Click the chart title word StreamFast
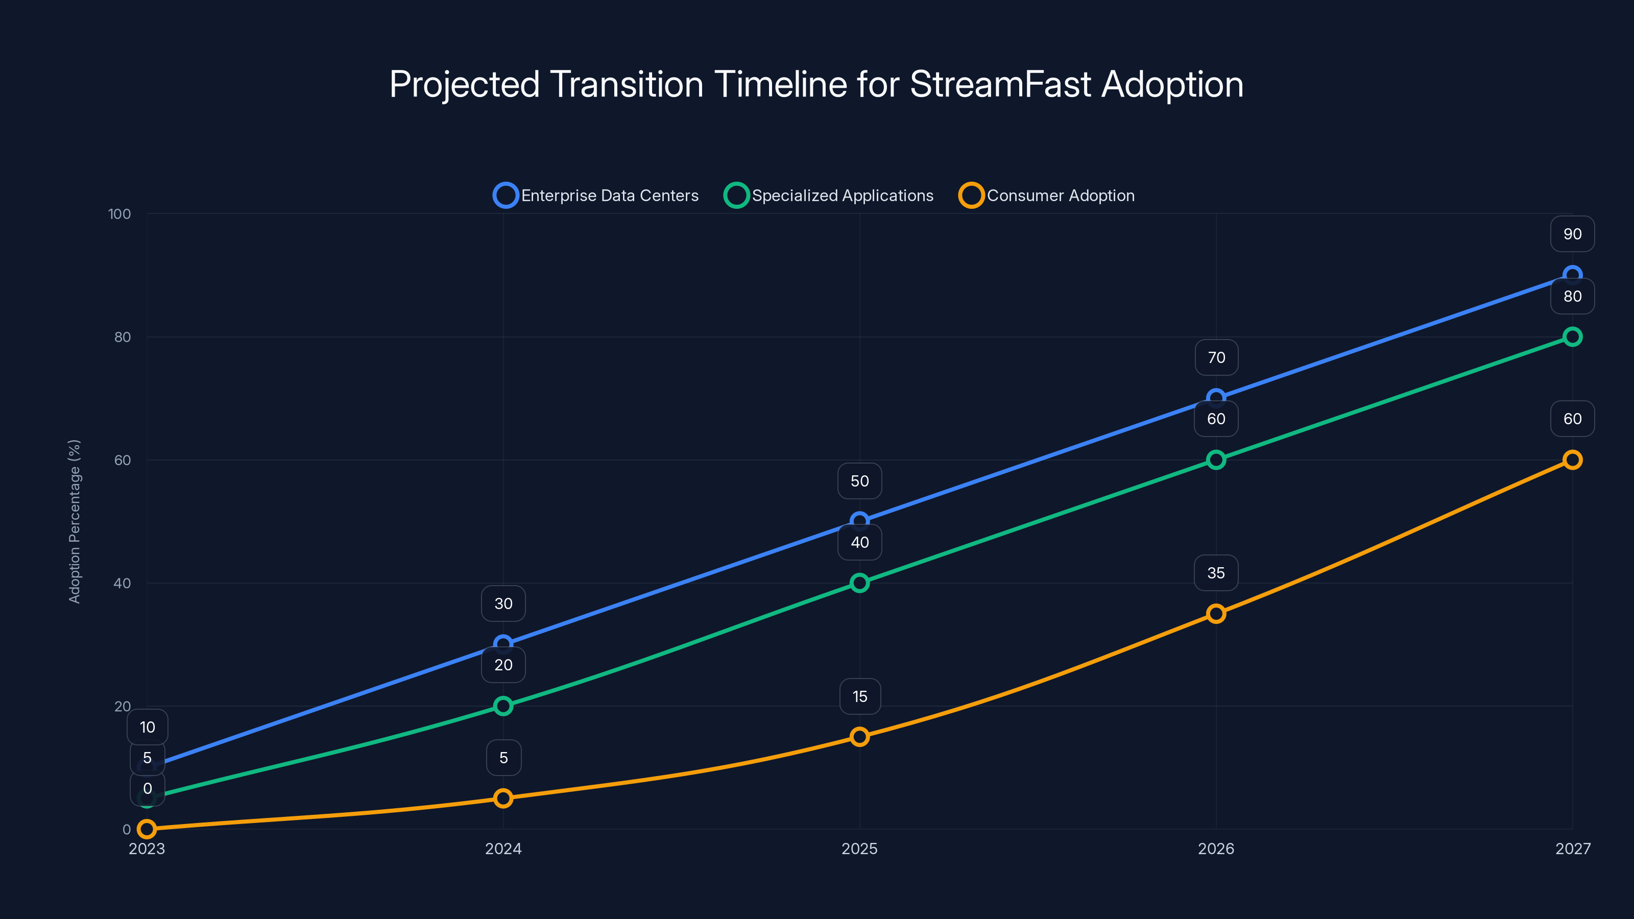pos(1000,84)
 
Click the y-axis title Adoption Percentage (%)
pos(75,521)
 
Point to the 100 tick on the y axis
pos(119,214)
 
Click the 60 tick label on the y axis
pos(123,460)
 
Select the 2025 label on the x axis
pos(859,849)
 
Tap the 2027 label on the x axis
pos(1573,849)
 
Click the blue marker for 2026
pos(1216,398)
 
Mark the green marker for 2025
pos(859,583)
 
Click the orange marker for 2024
pos(503,798)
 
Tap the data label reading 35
pos(1216,573)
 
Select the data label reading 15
pos(859,696)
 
